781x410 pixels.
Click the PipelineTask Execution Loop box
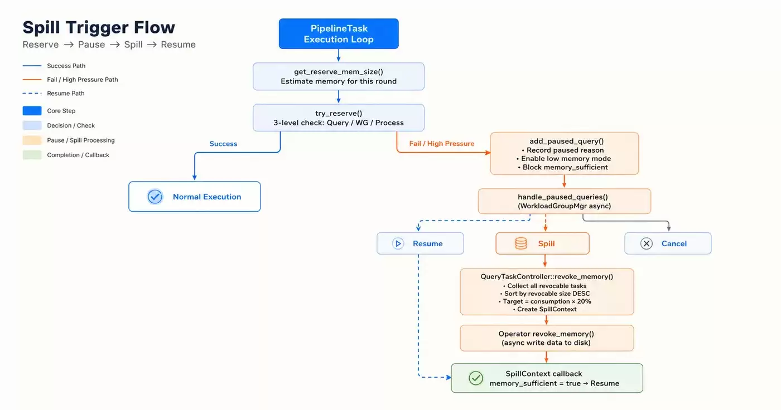click(339, 34)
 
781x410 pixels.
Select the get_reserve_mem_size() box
click(339, 76)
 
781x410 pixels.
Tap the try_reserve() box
click(339, 118)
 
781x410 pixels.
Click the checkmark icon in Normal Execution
click(155, 197)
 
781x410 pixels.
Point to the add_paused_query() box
click(565, 154)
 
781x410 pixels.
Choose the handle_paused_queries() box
click(565, 201)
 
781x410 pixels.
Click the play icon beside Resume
click(398, 243)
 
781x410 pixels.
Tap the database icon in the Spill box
click(521, 243)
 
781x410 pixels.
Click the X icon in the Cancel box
click(647, 243)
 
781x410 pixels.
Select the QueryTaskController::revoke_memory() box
click(547, 292)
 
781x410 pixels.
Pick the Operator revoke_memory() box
click(547, 338)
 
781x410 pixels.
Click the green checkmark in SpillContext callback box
click(476, 378)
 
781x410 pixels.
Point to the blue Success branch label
click(223, 144)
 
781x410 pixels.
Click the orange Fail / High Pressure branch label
click(442, 143)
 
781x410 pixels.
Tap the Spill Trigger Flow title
click(99, 27)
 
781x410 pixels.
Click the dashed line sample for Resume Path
click(32, 93)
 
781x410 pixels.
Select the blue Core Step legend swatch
click(32, 111)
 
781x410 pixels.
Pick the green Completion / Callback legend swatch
click(32, 155)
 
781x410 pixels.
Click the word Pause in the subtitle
click(91, 45)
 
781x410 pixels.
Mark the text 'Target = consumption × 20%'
click(547, 301)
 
